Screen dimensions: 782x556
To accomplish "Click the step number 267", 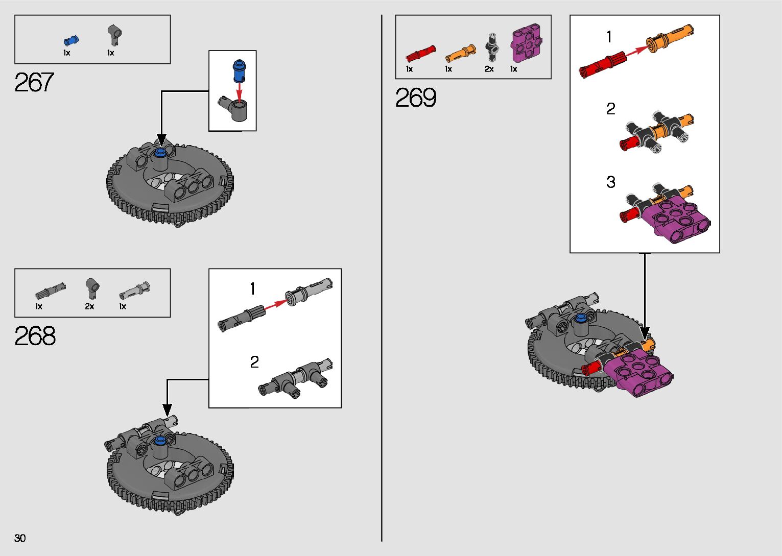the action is click(x=34, y=82).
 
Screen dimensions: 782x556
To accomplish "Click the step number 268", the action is click(x=35, y=336).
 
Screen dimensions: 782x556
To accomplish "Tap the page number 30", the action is click(x=20, y=538).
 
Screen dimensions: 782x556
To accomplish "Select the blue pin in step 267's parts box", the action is click(x=71, y=40).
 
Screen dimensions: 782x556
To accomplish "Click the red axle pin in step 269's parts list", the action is click(x=421, y=54).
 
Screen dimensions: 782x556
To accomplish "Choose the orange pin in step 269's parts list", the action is click(x=461, y=54).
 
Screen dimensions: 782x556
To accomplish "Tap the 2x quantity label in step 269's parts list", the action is click(x=489, y=69).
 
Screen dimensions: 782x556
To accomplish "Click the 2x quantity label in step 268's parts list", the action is click(x=89, y=306).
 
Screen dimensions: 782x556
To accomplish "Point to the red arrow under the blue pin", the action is click(x=239, y=90).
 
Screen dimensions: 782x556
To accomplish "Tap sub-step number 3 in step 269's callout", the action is click(x=610, y=182).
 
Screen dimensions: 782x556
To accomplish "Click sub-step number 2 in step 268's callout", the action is click(x=254, y=362).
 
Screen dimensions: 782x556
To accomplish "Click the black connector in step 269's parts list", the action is click(x=492, y=47).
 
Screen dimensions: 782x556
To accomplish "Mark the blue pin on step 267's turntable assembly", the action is click(x=160, y=152).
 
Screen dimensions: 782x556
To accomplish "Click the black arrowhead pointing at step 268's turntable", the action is click(x=167, y=410).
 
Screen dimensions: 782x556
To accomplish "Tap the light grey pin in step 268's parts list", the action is click(x=135, y=291).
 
